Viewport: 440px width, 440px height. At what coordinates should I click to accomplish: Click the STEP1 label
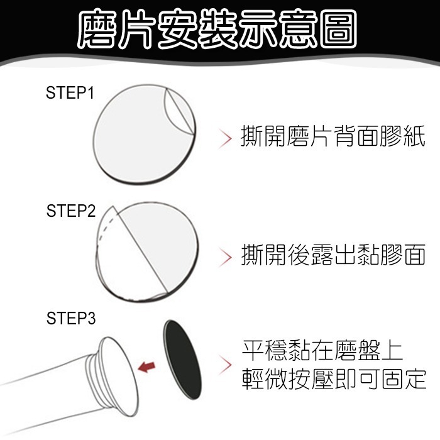(70, 94)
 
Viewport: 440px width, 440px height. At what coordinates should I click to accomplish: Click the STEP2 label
(70, 211)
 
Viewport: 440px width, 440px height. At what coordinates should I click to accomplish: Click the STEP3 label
(70, 319)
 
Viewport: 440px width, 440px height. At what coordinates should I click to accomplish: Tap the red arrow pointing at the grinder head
(146, 366)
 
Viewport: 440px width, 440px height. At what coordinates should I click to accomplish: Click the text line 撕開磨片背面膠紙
(333, 137)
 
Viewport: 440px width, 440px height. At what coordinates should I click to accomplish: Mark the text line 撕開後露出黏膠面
(333, 256)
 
